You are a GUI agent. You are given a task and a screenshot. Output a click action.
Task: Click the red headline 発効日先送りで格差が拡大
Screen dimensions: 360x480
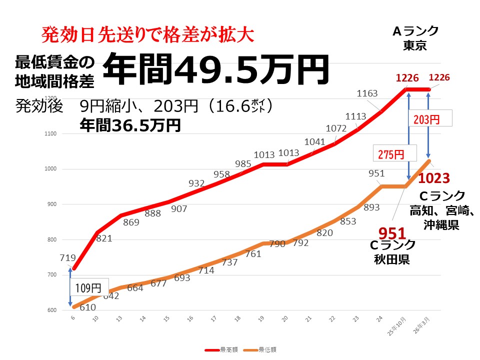(148, 34)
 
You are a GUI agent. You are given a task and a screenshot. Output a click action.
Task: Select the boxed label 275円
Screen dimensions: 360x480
(390, 154)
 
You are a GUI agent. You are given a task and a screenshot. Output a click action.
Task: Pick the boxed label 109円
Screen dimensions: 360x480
(88, 288)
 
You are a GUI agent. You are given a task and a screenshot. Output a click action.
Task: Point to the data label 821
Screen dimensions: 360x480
(103, 238)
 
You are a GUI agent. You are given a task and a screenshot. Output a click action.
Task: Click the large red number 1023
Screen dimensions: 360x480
(434, 177)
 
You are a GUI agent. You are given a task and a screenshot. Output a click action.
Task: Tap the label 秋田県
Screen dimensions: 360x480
(392, 259)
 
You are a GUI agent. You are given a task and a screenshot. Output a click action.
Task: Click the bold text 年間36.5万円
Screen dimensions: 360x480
(130, 125)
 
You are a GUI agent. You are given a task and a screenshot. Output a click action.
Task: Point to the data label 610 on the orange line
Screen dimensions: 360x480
(87, 307)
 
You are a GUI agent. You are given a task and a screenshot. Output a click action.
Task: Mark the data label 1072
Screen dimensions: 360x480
(335, 128)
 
